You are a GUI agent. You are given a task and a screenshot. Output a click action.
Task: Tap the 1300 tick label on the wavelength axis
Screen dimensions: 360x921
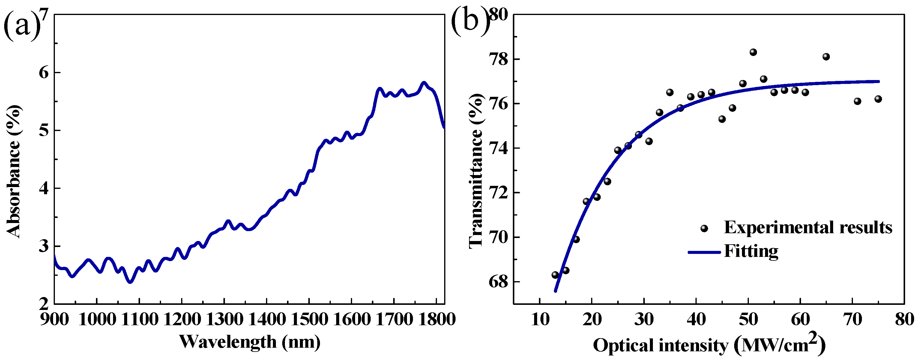point(224,319)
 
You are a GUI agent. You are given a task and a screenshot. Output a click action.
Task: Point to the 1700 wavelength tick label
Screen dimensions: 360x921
point(394,319)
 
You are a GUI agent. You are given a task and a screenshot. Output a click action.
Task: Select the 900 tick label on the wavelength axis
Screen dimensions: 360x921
point(54,319)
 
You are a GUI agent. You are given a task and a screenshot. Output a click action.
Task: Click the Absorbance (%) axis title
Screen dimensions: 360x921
point(13,171)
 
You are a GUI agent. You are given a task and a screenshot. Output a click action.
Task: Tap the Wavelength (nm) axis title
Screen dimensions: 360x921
point(250,342)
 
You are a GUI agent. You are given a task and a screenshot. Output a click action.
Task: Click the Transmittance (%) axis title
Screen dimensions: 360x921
point(476,171)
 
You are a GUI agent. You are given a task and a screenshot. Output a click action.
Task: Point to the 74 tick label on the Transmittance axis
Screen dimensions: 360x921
point(498,148)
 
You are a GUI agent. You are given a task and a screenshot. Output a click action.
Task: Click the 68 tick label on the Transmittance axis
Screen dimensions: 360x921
point(498,282)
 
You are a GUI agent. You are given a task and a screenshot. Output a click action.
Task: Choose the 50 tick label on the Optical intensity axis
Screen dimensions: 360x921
point(748,319)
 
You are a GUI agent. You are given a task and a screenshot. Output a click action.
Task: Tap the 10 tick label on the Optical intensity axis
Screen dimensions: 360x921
point(540,319)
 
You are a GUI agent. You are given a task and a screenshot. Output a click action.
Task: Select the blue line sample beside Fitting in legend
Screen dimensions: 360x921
point(704,252)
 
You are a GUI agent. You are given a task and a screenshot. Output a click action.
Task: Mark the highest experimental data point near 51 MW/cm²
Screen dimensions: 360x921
point(753,52)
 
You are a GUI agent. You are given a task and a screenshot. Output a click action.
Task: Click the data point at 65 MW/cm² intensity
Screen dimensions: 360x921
point(826,57)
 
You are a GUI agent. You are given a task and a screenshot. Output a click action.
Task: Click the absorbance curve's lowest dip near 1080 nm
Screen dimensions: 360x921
point(130,282)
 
